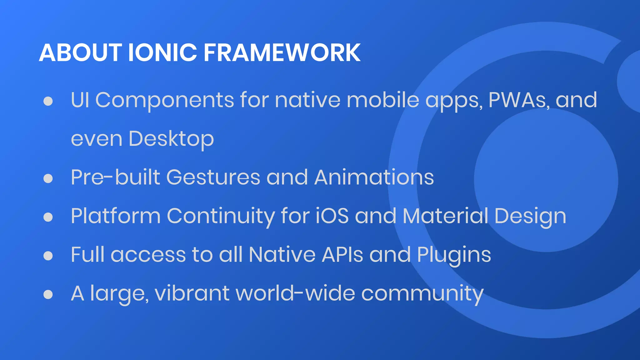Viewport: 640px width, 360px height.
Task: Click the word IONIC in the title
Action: tap(162, 52)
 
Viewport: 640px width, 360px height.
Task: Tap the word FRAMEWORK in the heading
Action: tap(282, 52)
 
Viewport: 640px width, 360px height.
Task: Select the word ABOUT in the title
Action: tap(80, 52)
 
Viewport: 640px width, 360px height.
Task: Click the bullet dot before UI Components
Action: tap(48, 101)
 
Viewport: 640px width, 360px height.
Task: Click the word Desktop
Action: tap(171, 139)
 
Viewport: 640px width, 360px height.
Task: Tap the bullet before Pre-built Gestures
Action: tap(48, 178)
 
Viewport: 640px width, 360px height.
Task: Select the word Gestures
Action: tap(213, 177)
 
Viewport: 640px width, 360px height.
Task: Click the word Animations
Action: tap(374, 177)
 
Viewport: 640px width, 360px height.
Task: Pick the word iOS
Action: tap(332, 216)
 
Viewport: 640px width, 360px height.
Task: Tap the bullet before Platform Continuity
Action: tap(48, 217)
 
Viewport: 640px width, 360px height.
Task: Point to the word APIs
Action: tap(342, 254)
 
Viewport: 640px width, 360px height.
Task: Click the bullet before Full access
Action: tap(48, 256)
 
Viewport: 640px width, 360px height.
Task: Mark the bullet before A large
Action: tap(48, 294)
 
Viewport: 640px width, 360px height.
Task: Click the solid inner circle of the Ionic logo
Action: tap(546, 180)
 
